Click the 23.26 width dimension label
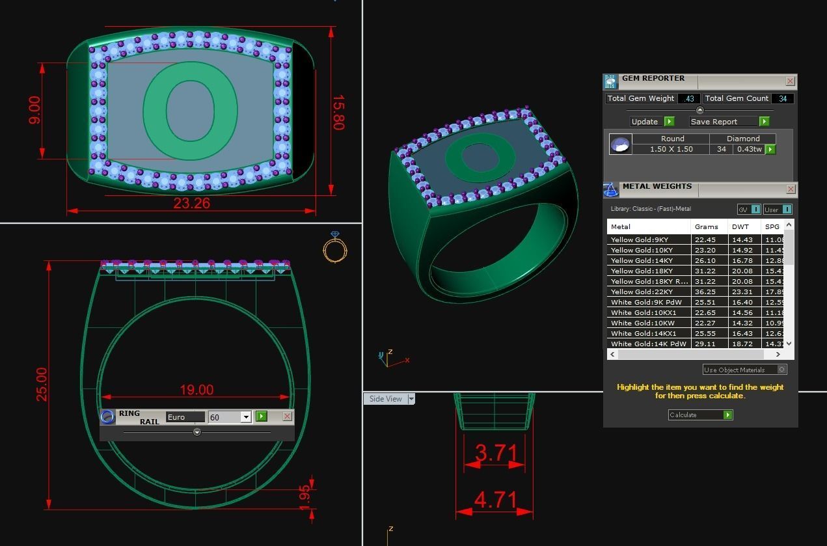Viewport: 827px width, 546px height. coord(191,203)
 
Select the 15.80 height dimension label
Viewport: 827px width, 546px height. coord(338,113)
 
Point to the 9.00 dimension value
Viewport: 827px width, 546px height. coord(34,110)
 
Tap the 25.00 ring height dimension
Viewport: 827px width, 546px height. coord(41,385)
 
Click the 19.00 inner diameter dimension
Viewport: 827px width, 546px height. coord(197,390)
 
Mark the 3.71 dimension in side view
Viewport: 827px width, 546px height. coord(496,452)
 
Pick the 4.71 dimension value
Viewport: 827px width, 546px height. coord(496,500)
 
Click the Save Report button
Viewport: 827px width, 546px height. coord(723,122)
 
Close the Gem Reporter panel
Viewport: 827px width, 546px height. coord(790,81)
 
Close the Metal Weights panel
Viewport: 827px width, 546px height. coord(791,189)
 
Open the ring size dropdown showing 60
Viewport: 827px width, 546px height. coord(246,417)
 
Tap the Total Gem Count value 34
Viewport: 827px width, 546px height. coord(782,99)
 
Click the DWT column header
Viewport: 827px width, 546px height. coord(740,227)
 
